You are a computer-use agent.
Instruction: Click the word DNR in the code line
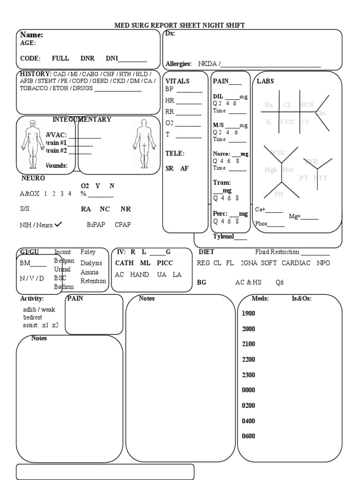pyautogui.click(x=87, y=58)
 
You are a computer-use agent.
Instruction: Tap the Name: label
pyautogui.click(x=31, y=35)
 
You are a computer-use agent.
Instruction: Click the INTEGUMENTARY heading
pyautogui.click(x=82, y=120)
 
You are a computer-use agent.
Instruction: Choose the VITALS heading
pyautogui.click(x=178, y=81)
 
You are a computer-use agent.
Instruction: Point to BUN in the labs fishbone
pyautogui.click(x=307, y=105)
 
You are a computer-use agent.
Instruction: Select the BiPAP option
pyautogui.click(x=96, y=225)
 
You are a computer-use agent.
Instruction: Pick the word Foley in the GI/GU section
pyautogui.click(x=88, y=252)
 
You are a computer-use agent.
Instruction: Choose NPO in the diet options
pyautogui.click(x=323, y=263)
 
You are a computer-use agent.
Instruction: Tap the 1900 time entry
pyautogui.click(x=248, y=314)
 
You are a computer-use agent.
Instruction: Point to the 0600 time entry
pyautogui.click(x=248, y=436)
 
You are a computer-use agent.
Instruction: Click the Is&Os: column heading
pyautogui.click(x=301, y=299)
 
